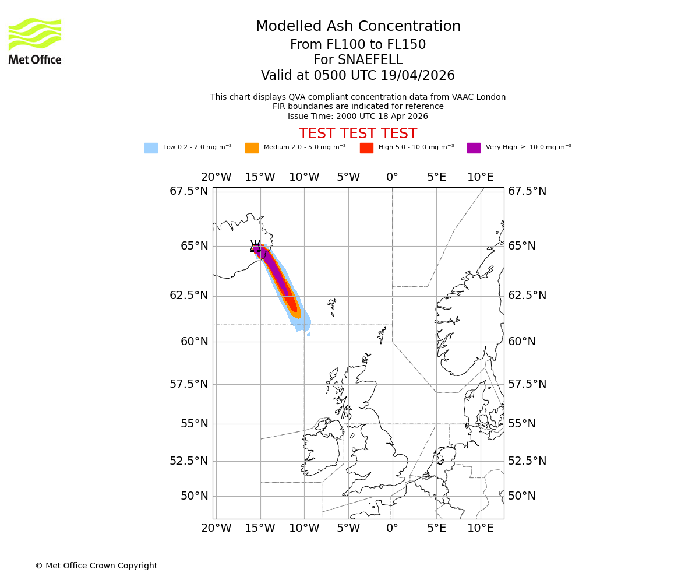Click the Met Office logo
[x=35, y=41]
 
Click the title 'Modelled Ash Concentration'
[x=358, y=27]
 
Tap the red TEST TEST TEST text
[x=358, y=134]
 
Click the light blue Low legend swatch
[x=151, y=148]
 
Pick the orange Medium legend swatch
[x=252, y=148]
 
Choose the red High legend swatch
[x=366, y=148]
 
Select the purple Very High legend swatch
[x=474, y=148]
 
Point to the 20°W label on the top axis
[x=216, y=177]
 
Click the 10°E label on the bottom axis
[x=480, y=528]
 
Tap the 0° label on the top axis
[x=392, y=177]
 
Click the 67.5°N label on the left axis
[x=189, y=191]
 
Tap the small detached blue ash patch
[x=309, y=335]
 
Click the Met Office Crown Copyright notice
[x=96, y=566]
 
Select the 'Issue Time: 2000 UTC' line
[x=358, y=116]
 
